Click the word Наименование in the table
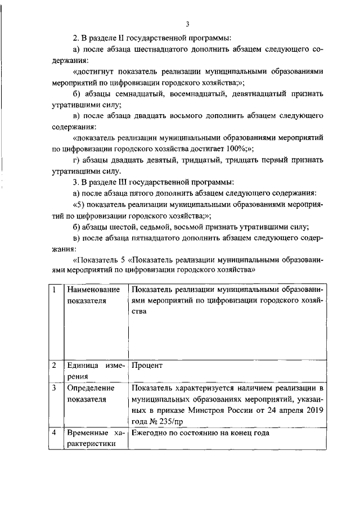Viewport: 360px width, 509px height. (93, 290)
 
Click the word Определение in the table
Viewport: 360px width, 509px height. (91, 388)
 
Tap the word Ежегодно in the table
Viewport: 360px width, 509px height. (151, 434)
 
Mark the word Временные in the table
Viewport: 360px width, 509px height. (86, 434)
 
